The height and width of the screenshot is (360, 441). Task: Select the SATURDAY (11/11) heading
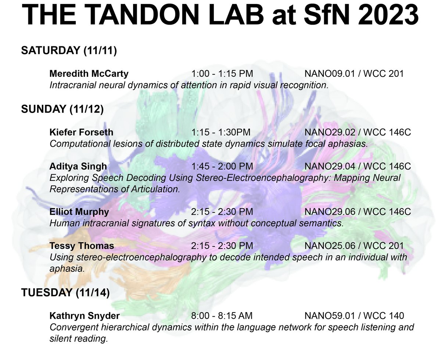coord(69,51)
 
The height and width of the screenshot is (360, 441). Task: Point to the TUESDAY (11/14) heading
coord(65,293)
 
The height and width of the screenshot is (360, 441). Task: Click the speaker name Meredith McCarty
coord(89,74)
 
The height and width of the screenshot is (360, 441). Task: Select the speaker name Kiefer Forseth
coord(81,132)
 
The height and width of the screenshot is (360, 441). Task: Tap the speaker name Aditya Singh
coord(78,167)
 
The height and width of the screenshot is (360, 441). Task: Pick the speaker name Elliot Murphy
coord(79,212)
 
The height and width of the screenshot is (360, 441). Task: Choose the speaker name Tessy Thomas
coord(82,246)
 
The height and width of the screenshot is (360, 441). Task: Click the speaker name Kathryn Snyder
coord(85,316)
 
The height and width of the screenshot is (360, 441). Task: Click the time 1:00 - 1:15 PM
coord(222,74)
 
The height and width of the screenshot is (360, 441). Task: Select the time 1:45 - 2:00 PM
coord(222,167)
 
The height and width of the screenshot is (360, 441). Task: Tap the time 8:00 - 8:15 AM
coord(222,316)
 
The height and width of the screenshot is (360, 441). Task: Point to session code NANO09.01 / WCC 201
coord(354,74)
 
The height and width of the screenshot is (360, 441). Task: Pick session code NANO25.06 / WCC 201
coord(354,246)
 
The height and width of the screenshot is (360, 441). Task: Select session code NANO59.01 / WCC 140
coord(354,316)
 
